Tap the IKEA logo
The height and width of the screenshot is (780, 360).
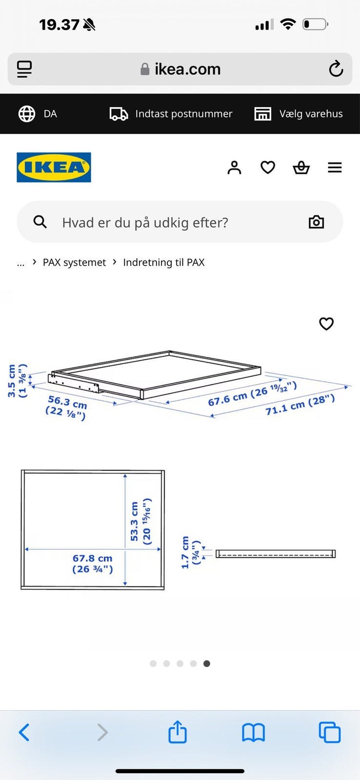(x=54, y=167)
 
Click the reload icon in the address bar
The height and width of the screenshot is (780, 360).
(x=336, y=69)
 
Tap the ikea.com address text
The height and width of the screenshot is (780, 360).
(x=187, y=69)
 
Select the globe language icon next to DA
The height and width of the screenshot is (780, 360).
(x=27, y=114)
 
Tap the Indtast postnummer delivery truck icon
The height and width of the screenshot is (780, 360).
(x=119, y=114)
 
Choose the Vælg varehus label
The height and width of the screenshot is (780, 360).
(x=311, y=114)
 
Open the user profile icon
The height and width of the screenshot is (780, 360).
(x=234, y=168)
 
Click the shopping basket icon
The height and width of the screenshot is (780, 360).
(x=301, y=168)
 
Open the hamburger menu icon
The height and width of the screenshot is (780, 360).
(x=335, y=168)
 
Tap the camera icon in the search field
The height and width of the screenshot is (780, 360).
(x=317, y=222)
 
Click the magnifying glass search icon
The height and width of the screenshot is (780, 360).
(x=40, y=221)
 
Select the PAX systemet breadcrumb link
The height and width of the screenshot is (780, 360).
(x=74, y=262)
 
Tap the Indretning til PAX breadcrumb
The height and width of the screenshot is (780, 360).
(x=164, y=262)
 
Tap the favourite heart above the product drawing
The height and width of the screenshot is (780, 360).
(x=326, y=324)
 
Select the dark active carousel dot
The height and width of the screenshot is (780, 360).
(x=207, y=663)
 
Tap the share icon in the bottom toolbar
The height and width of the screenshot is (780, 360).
(x=178, y=732)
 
